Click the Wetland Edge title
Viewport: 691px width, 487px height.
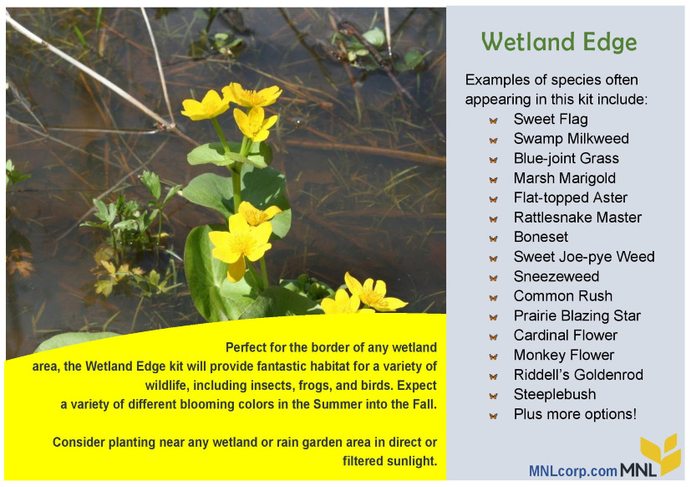[x=559, y=43]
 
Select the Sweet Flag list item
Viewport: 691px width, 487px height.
[x=551, y=119]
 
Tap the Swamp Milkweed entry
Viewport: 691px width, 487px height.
[x=572, y=139]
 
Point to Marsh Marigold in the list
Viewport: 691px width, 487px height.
[x=565, y=178]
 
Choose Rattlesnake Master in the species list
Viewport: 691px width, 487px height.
[x=577, y=218]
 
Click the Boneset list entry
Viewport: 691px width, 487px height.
[x=541, y=237]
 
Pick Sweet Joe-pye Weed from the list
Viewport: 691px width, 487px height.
[x=584, y=257]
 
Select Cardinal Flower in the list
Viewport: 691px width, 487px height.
[x=566, y=335]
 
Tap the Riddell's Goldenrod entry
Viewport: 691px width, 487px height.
[x=578, y=375]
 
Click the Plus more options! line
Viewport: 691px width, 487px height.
[x=575, y=414]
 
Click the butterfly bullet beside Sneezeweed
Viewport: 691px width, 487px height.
[x=493, y=278]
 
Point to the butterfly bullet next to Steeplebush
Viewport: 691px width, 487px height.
[x=493, y=396]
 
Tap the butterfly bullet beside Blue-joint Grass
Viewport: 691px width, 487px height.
[x=493, y=160]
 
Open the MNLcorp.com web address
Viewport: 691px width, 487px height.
[x=572, y=471]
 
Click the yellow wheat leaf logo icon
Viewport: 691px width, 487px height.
[x=660, y=453]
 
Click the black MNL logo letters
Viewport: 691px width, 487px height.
[x=638, y=469]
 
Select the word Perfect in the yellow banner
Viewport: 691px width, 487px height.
[x=246, y=347]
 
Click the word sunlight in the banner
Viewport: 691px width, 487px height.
[x=412, y=461]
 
